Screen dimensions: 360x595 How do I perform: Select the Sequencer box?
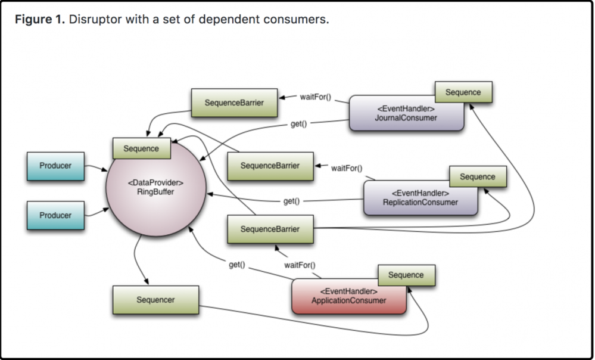pyautogui.click(x=155, y=300)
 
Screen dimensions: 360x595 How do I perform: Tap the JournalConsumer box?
pyautogui.click(x=407, y=113)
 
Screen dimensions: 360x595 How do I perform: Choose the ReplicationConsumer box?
pyautogui.click(x=420, y=198)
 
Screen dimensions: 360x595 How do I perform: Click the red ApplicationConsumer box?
pyautogui.click(x=348, y=296)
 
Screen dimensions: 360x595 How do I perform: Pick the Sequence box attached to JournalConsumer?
pyautogui.click(x=463, y=92)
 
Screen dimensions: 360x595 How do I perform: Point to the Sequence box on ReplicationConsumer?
pyautogui.click(x=477, y=177)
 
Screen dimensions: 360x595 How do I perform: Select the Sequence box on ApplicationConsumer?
pyautogui.click(x=406, y=275)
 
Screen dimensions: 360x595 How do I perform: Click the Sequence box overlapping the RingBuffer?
pyautogui.click(x=141, y=148)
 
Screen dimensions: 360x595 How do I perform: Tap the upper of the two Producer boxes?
pyautogui.click(x=55, y=166)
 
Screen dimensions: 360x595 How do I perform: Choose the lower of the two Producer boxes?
pyautogui.click(x=55, y=215)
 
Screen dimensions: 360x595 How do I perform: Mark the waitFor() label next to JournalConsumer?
pyautogui.click(x=315, y=97)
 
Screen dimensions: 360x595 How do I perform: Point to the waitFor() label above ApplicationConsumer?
pyautogui.click(x=300, y=265)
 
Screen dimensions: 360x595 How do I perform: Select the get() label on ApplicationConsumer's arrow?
pyautogui.click(x=237, y=264)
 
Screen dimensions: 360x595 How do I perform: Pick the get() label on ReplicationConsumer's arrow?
pyautogui.click(x=291, y=201)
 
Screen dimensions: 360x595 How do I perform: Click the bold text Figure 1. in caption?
pyautogui.click(x=41, y=20)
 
